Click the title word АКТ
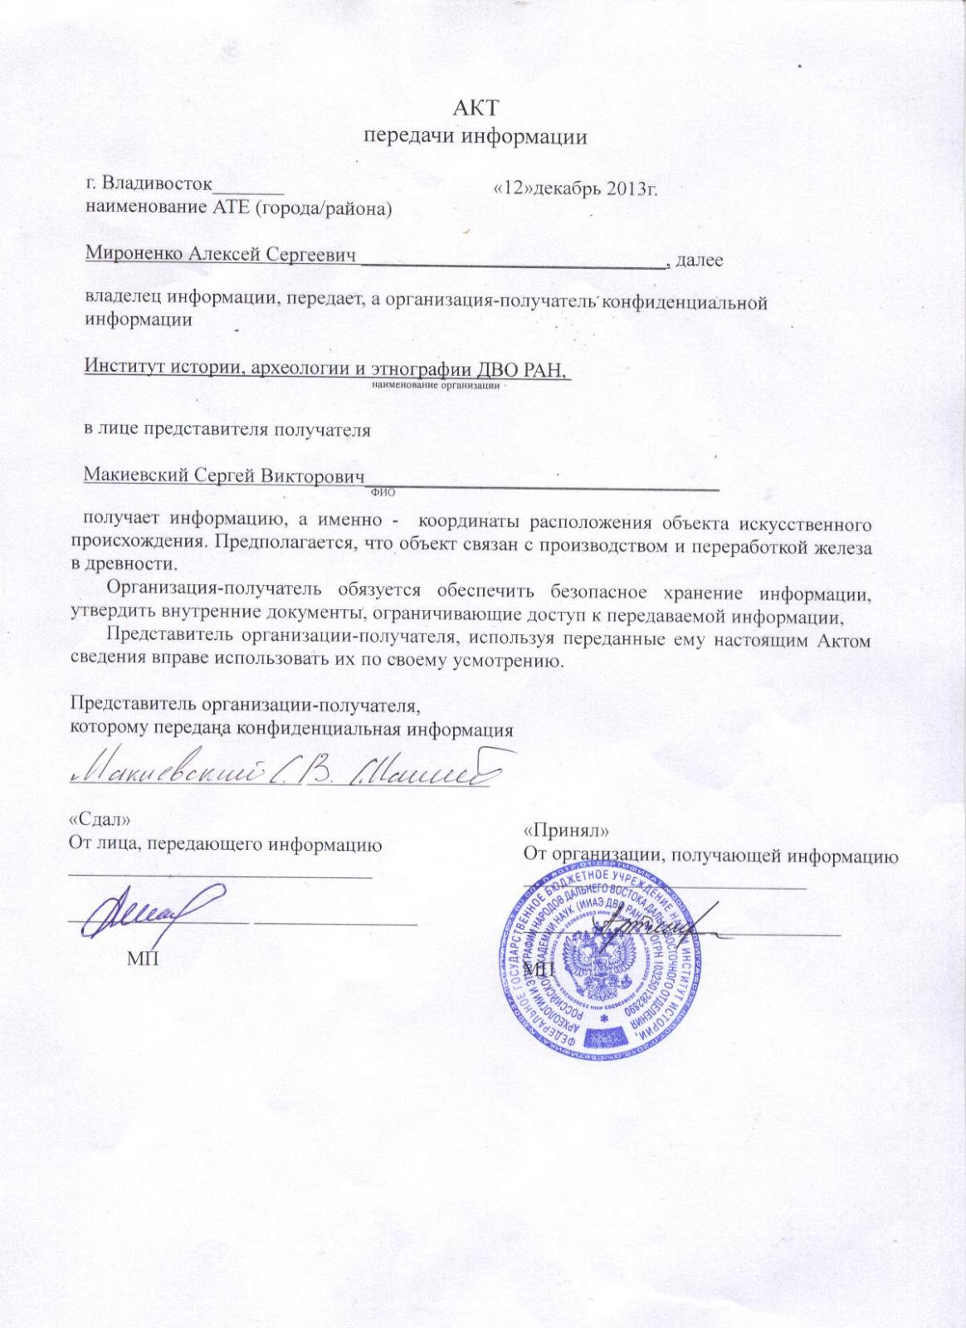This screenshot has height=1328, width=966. (476, 108)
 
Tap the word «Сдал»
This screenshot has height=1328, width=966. (99, 818)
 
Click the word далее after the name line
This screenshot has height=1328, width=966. (700, 260)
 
